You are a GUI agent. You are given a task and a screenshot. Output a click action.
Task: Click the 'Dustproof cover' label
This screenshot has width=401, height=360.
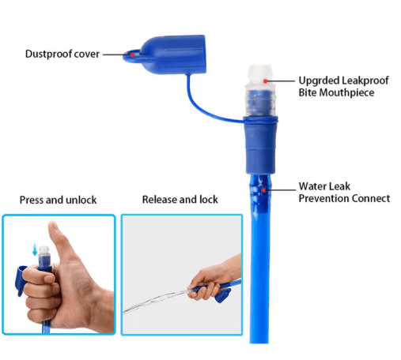62,54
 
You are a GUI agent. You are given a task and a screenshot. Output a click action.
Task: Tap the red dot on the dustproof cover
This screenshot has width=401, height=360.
133,54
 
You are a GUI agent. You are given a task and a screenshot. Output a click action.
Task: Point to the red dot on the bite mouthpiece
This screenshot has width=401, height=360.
266,81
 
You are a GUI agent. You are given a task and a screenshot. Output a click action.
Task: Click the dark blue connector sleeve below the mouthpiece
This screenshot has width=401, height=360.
260,145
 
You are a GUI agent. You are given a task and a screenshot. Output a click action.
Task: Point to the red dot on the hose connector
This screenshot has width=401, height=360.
263,190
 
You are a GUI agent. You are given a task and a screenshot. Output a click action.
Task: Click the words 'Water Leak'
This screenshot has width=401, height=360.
324,186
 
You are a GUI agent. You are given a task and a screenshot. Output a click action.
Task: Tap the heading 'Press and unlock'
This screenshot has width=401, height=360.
58,200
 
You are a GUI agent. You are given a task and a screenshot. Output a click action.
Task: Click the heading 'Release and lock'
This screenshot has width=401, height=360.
180,200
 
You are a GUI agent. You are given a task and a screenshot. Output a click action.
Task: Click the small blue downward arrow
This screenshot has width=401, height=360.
35,249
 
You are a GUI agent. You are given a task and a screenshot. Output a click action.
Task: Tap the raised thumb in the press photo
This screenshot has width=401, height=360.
57,238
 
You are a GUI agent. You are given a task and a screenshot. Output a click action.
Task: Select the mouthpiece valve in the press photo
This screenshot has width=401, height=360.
44,257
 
